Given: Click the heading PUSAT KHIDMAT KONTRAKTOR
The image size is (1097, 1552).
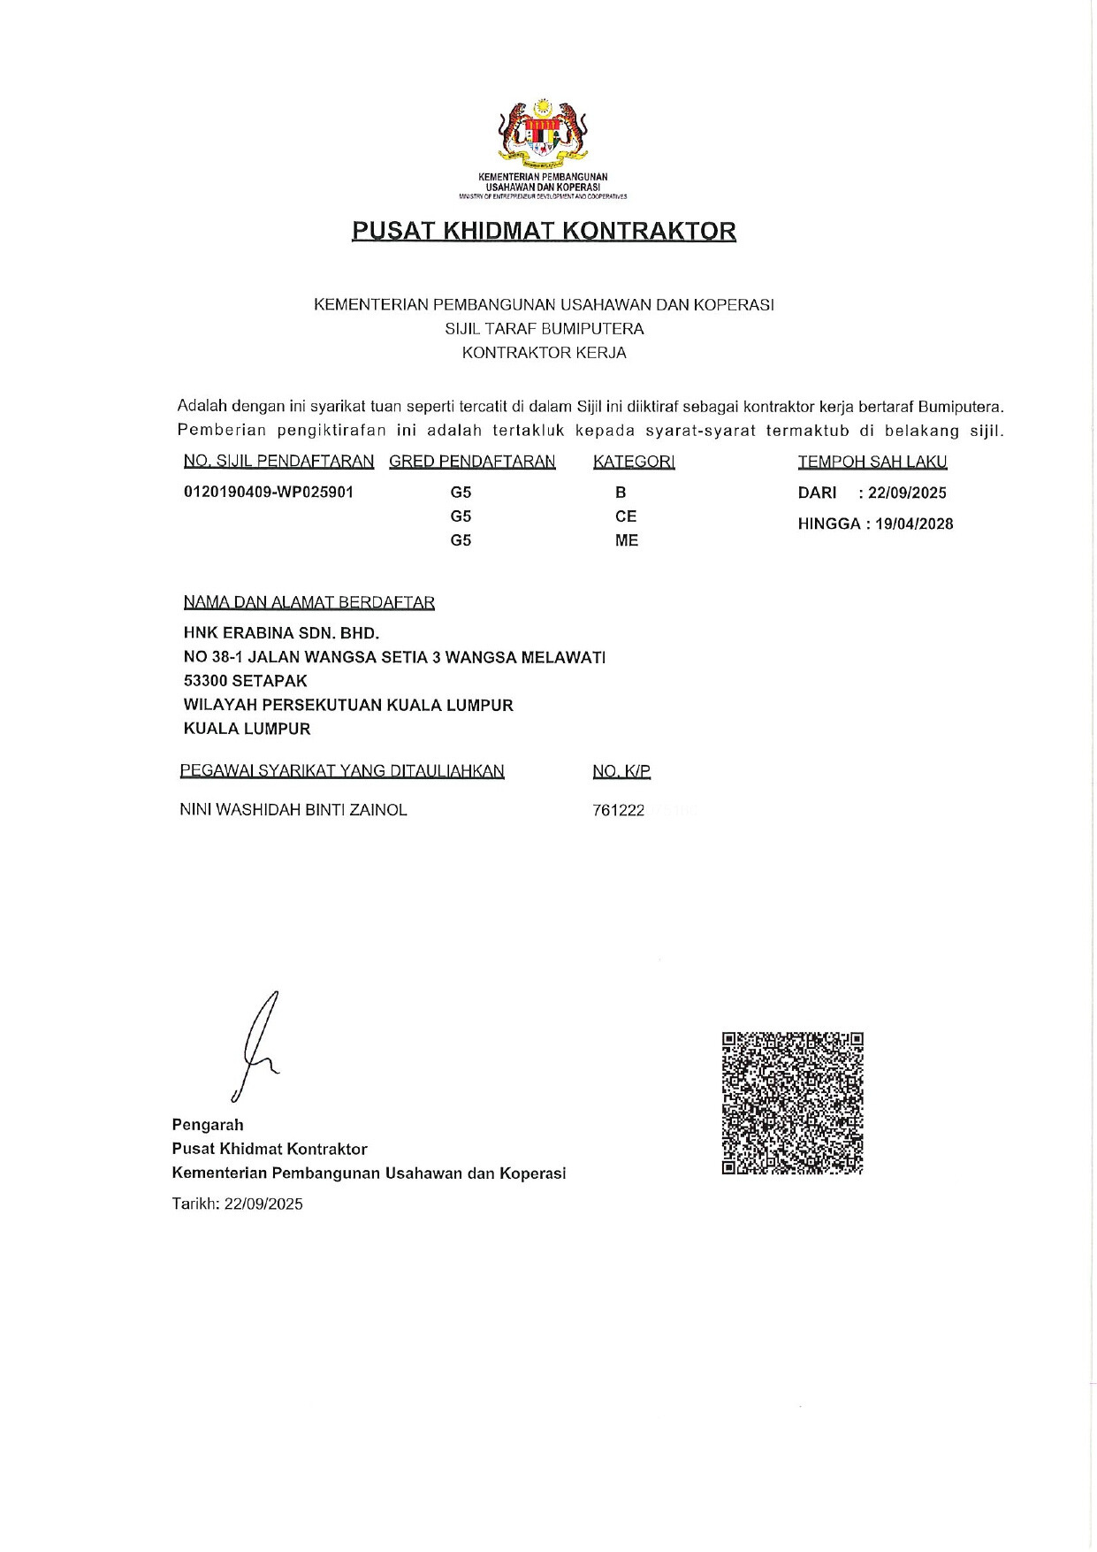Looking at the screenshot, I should click(544, 231).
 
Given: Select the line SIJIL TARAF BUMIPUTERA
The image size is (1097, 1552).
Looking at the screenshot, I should click(544, 329).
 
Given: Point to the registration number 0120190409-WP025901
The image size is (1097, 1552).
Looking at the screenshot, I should click(269, 492).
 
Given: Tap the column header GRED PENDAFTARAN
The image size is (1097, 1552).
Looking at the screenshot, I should click(472, 462).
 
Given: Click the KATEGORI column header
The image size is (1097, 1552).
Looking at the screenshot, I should click(634, 462).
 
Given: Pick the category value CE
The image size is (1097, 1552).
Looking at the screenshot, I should click(626, 516).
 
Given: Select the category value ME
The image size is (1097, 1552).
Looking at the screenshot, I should click(626, 540).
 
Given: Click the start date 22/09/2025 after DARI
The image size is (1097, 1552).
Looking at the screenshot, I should click(907, 493).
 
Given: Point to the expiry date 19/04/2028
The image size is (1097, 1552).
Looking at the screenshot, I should click(914, 524).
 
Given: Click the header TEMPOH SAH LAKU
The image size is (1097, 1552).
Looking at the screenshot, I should click(872, 462).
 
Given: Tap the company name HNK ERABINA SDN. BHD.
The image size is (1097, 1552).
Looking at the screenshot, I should click(281, 633).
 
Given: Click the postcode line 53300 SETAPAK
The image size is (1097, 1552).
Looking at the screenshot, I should click(246, 681).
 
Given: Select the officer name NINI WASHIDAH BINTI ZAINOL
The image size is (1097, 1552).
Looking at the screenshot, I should click(293, 810).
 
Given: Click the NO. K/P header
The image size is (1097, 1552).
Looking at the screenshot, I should click(621, 771).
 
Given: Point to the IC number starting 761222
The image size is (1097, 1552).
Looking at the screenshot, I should click(620, 810).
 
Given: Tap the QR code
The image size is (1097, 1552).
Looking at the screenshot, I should click(792, 1103).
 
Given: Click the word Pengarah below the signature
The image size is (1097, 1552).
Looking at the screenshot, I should click(208, 1125).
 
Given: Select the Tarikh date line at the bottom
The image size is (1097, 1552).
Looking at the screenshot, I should click(238, 1204).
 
